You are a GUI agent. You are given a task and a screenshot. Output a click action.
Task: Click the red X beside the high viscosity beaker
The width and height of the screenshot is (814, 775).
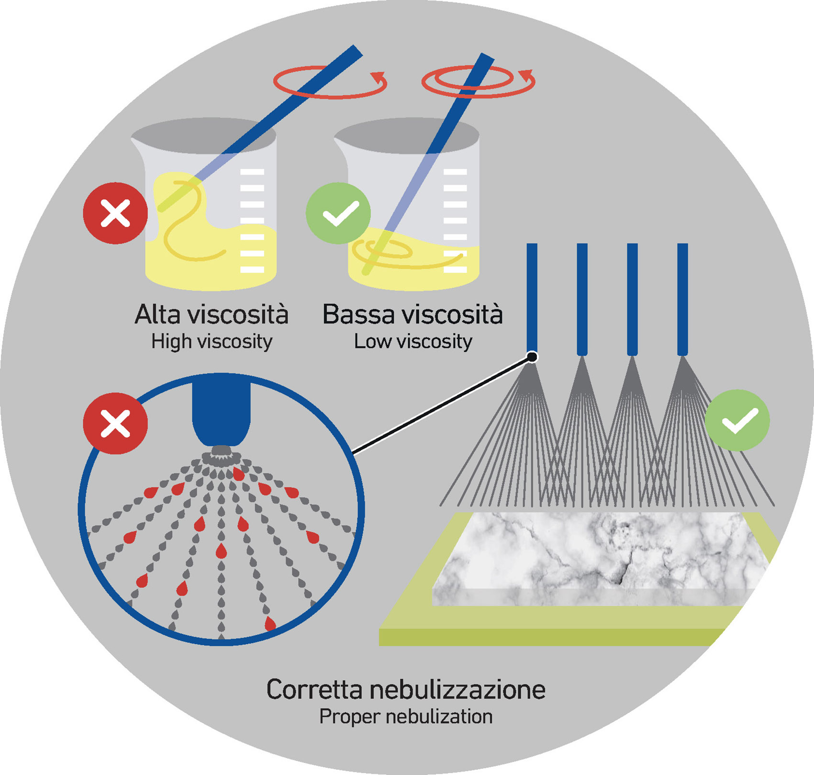point(115,213)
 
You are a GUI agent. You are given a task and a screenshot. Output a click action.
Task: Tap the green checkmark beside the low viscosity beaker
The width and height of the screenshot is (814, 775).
point(338,213)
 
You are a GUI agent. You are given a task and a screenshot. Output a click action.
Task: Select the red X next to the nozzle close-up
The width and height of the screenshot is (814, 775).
point(115,423)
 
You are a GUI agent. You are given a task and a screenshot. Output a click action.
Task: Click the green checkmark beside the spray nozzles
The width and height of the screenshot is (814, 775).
point(737,420)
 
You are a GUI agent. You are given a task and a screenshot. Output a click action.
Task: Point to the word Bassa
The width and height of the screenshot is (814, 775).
point(358,314)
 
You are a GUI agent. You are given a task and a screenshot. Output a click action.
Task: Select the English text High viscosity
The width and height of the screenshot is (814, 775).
point(212,342)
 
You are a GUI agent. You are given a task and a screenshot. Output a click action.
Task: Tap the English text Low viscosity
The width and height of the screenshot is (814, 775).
point(413,342)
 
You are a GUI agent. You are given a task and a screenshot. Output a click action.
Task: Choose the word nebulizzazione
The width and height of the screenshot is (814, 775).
point(457,690)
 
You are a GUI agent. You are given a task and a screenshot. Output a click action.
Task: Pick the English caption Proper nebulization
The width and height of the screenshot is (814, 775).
point(406,717)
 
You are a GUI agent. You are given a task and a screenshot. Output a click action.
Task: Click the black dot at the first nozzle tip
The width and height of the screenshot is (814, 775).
point(532,357)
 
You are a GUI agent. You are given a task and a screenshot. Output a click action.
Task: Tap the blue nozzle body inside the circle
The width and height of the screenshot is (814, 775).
point(221,412)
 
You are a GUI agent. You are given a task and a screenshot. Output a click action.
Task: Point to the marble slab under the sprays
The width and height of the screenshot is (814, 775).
point(598,555)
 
